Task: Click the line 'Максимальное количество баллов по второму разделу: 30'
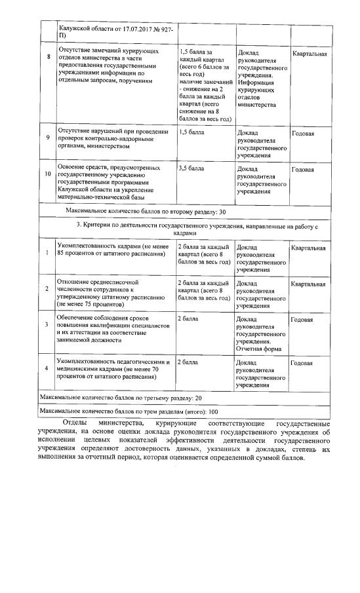coord(146,212)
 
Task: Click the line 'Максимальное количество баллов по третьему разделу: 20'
coord(121,398)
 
